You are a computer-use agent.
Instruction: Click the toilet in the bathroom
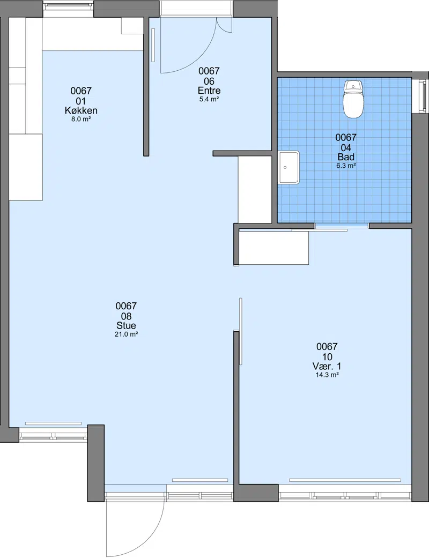(353, 99)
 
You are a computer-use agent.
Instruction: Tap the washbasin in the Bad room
(289, 167)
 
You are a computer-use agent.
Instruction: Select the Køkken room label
(81, 110)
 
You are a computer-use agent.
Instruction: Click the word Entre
(209, 91)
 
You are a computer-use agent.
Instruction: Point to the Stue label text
(126, 325)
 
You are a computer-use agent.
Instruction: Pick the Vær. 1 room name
(327, 366)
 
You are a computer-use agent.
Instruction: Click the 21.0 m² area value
(126, 334)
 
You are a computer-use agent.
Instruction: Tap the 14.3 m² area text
(327, 375)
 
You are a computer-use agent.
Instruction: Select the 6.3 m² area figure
(346, 166)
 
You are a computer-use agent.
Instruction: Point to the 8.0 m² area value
(81, 119)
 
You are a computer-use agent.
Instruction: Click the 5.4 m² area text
(209, 99)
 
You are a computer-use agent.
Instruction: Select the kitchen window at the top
(68, 5)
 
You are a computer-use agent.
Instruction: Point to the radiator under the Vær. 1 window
(345, 480)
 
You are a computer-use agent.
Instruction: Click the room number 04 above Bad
(346, 147)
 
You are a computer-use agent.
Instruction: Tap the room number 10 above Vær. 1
(327, 356)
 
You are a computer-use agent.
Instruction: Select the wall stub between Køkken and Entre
(146, 86)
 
